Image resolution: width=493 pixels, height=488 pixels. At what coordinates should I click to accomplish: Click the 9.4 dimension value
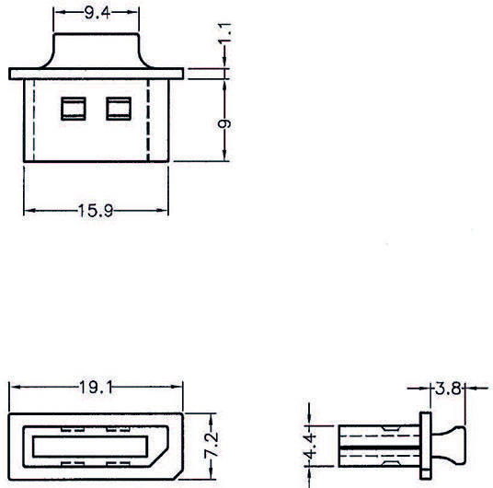pyautogui.click(x=97, y=12)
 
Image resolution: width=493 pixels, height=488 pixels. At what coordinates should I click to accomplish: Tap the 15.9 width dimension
pyautogui.click(x=97, y=212)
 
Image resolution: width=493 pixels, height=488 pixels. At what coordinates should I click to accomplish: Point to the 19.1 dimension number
pyautogui.click(x=96, y=389)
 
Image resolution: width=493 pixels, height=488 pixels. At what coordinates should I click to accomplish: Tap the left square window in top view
pyautogui.click(x=72, y=109)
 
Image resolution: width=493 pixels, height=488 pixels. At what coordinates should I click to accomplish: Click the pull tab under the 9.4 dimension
pyautogui.click(x=97, y=52)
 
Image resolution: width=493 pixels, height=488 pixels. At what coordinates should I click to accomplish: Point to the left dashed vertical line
pyautogui.click(x=34, y=120)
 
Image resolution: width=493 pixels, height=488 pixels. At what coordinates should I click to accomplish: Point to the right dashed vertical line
pyautogui.click(x=148, y=120)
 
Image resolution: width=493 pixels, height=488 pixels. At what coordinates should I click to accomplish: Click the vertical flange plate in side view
pyautogui.click(x=426, y=447)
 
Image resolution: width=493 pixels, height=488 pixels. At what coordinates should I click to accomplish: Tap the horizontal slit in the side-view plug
pyautogui.click(x=377, y=447)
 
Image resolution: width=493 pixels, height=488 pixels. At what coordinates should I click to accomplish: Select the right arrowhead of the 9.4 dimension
pyautogui.click(x=137, y=13)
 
